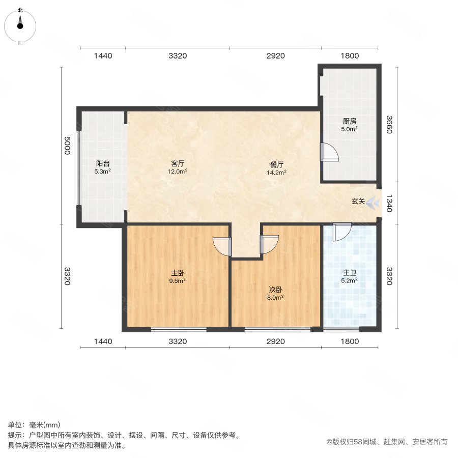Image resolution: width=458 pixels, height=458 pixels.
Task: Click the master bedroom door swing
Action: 222,246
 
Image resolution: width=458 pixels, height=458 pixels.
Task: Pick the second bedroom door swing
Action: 269,244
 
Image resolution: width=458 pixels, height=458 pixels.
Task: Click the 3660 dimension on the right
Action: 388,124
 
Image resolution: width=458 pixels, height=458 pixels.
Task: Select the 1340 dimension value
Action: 388,202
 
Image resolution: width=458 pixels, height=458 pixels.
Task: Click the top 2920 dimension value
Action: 275,55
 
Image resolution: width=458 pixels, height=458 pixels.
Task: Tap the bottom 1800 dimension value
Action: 350,341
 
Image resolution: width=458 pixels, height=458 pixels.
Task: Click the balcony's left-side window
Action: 78,167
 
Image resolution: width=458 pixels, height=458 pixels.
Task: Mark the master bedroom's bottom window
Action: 179,330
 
